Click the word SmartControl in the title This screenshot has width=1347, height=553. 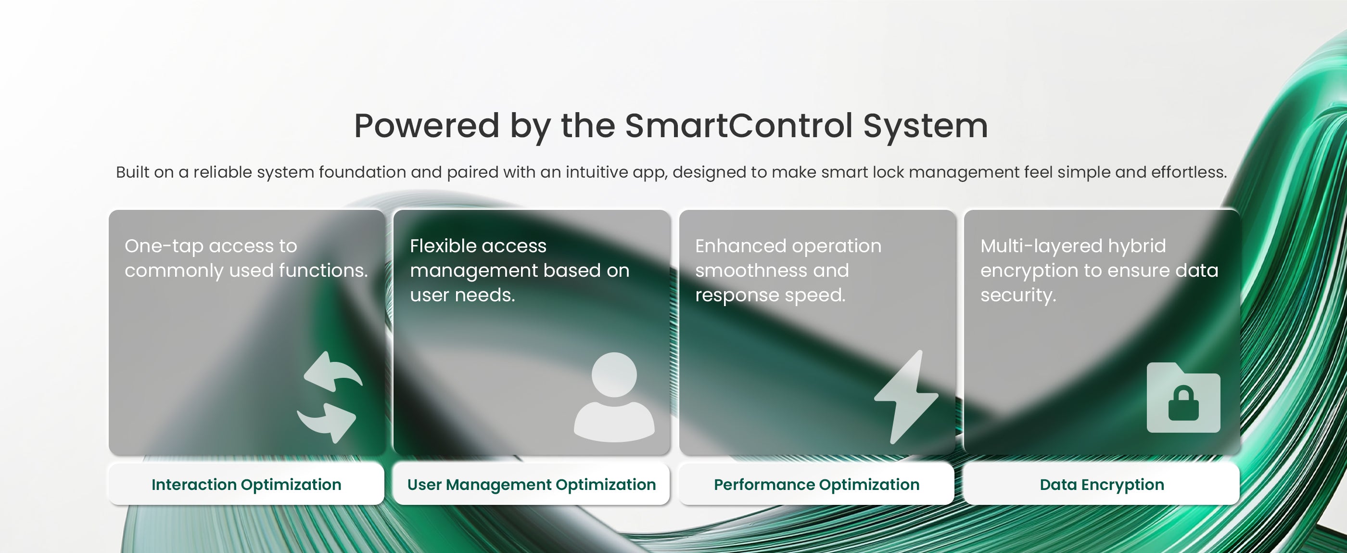tap(738, 126)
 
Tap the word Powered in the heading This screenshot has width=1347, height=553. tap(427, 126)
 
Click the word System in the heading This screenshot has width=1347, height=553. tap(925, 127)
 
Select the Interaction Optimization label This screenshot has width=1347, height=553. tap(246, 485)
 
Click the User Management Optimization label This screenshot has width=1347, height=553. tap(531, 485)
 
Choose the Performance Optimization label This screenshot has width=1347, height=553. tap(816, 485)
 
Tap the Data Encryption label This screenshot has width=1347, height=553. tap(1102, 485)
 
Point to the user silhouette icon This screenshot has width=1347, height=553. tap(614, 397)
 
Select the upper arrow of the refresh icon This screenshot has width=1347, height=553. tap(333, 372)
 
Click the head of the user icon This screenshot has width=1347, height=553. tap(614, 374)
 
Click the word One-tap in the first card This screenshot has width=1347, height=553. tap(164, 246)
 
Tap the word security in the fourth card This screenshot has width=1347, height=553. tap(1018, 296)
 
